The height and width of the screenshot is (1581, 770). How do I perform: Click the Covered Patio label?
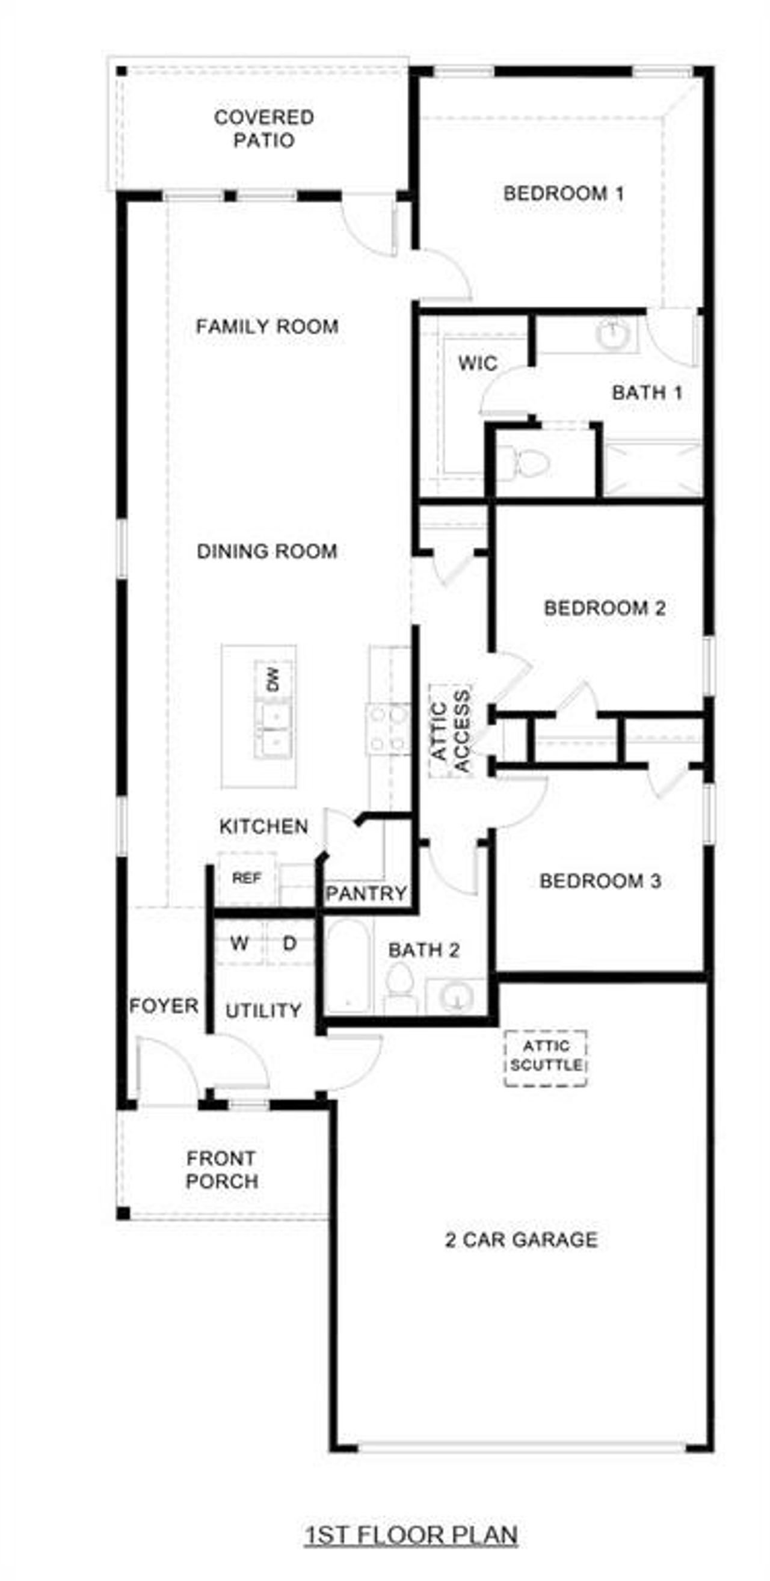264,128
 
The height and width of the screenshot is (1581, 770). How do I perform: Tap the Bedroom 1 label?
563,194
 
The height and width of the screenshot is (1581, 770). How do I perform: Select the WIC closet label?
477,363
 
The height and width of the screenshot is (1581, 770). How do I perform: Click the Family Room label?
267,326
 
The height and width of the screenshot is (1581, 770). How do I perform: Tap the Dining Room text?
267,551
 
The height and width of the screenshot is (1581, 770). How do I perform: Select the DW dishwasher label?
273,679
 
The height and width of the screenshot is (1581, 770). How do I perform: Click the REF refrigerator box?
247,878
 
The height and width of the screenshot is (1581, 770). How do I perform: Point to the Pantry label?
366,893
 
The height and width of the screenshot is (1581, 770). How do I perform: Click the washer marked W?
239,943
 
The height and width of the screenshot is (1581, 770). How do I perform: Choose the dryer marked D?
289,943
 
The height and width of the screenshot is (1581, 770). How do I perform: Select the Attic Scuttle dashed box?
546,1058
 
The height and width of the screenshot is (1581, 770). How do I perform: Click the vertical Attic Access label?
451,731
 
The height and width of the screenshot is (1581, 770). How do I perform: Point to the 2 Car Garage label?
521,1239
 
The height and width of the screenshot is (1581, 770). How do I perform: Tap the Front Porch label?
221,1170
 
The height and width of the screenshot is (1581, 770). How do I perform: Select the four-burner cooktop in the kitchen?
389,729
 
